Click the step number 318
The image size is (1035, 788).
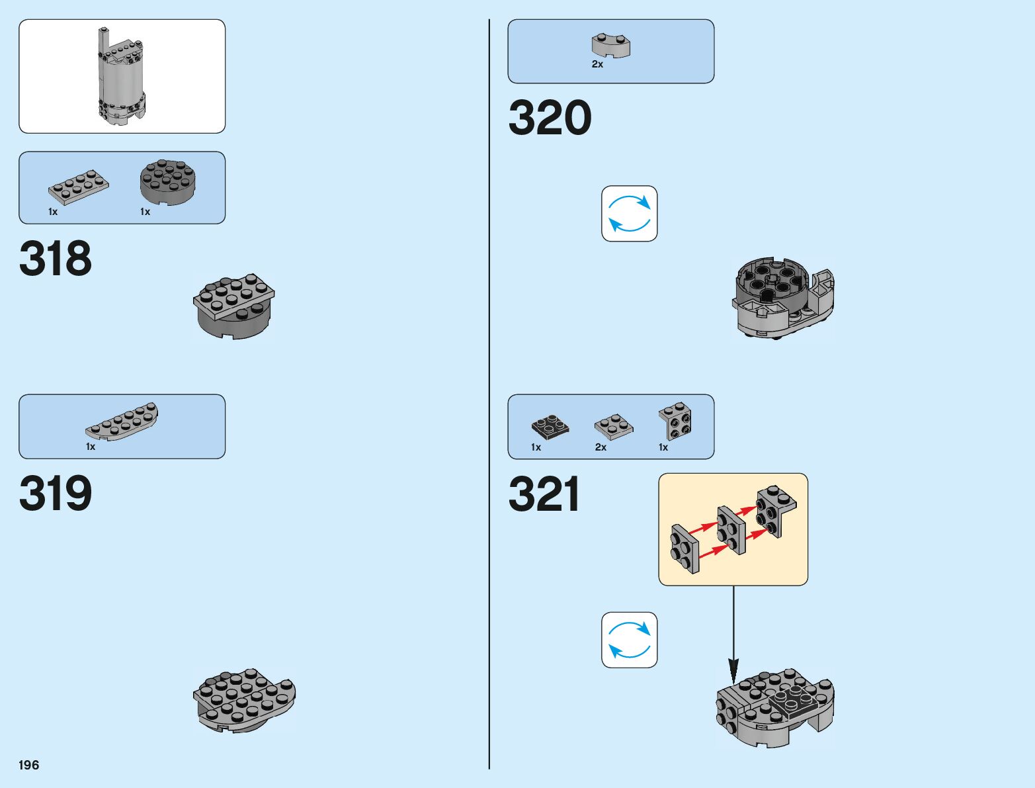tap(56, 259)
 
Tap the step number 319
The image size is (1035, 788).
tap(56, 494)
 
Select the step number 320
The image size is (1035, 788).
tap(550, 118)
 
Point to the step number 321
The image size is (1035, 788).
tap(544, 494)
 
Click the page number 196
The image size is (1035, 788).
tap(29, 765)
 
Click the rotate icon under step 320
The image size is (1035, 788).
tap(629, 214)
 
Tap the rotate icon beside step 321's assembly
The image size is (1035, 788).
tap(629, 640)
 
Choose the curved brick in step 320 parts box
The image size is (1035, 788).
tap(610, 45)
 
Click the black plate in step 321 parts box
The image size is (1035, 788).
tap(550, 427)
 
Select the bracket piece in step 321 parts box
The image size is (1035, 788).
tap(675, 421)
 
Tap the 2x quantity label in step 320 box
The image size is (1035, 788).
tap(597, 65)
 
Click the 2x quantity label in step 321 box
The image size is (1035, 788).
tap(600, 447)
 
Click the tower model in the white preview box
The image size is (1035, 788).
tap(122, 76)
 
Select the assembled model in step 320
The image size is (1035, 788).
tap(782, 298)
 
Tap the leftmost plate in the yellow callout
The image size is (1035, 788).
tap(684, 548)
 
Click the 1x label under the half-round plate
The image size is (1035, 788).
tap(91, 447)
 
